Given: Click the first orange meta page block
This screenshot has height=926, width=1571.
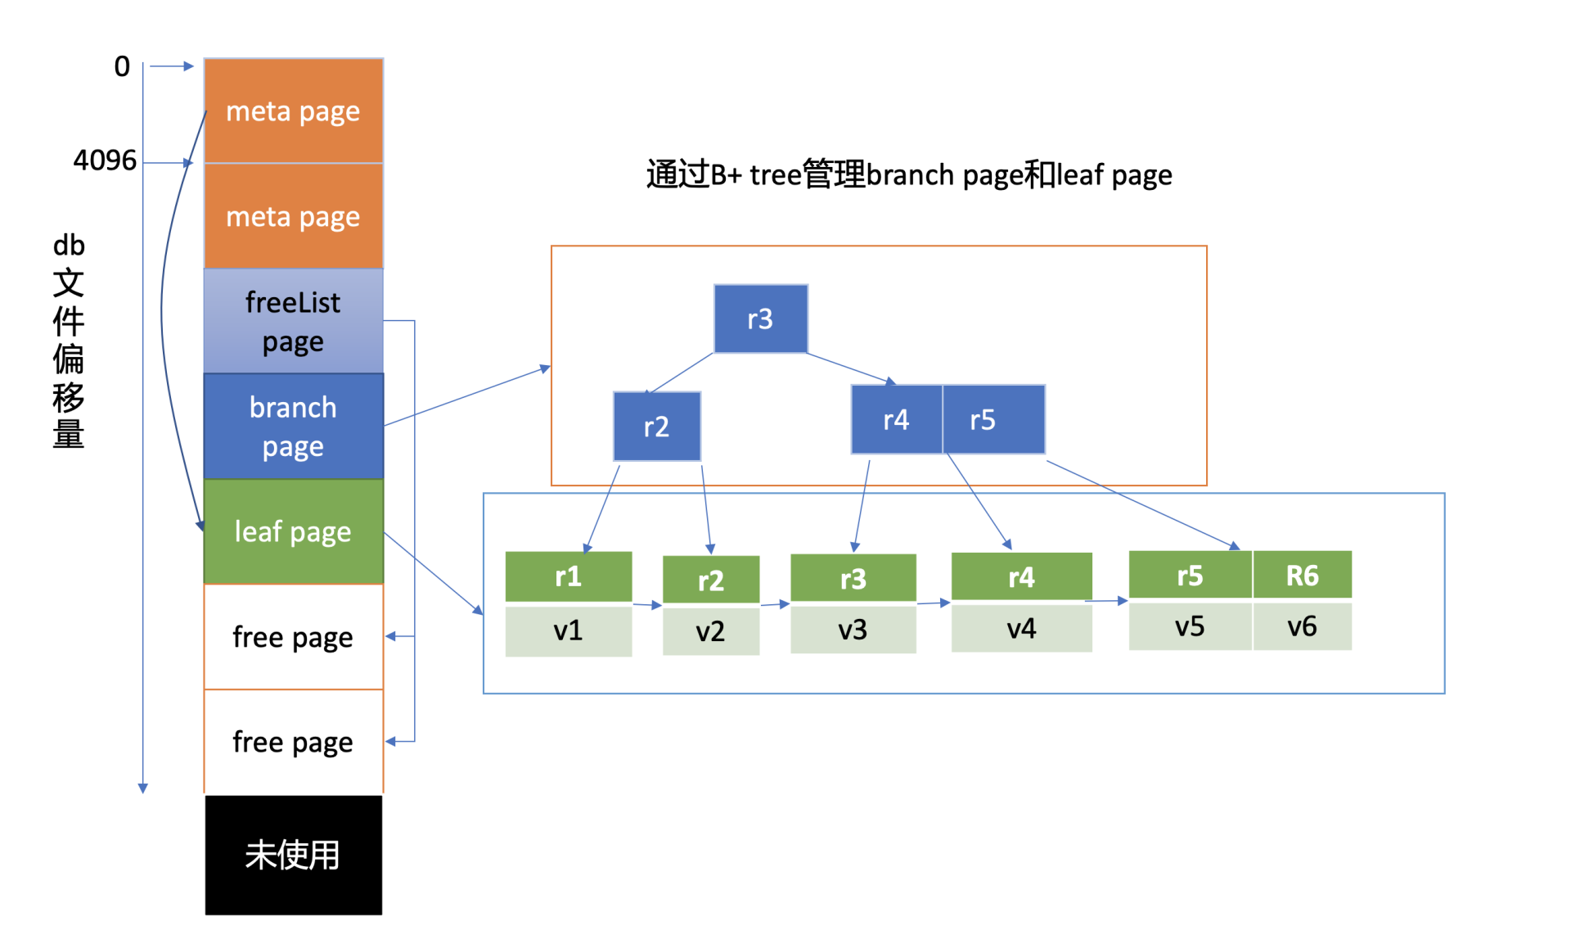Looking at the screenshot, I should coord(293,111).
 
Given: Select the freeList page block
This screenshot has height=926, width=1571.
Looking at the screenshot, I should coord(293,321).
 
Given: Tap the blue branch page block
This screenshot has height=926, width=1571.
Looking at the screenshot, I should coord(293,426).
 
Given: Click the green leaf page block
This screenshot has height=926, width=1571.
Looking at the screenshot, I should coord(293,531).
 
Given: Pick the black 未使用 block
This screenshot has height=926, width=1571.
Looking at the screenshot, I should coord(293,855).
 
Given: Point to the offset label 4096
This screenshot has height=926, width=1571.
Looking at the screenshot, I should coord(105,160).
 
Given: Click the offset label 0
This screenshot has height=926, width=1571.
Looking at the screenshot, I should coord(122,66).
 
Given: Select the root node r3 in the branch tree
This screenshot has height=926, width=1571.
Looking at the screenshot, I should coord(760,318).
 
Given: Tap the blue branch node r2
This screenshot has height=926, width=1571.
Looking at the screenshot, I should coord(656,427).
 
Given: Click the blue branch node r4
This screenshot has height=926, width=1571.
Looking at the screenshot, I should coord(896,420).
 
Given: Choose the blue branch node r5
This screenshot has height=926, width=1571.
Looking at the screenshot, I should coord(993,420).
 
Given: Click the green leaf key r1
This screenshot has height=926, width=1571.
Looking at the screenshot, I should coord(568,576).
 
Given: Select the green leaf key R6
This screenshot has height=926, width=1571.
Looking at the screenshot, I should coord(1302,576).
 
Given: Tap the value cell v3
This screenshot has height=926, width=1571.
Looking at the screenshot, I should coord(853,630).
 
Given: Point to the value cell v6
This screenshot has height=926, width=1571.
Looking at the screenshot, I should coord(1302,626).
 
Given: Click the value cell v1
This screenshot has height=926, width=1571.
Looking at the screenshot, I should coord(568,630).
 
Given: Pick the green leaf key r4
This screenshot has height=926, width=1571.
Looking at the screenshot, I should coord(1021,577).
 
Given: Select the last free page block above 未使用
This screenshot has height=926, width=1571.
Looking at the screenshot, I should coord(293,742).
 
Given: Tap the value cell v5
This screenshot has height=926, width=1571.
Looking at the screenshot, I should coord(1190,626).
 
